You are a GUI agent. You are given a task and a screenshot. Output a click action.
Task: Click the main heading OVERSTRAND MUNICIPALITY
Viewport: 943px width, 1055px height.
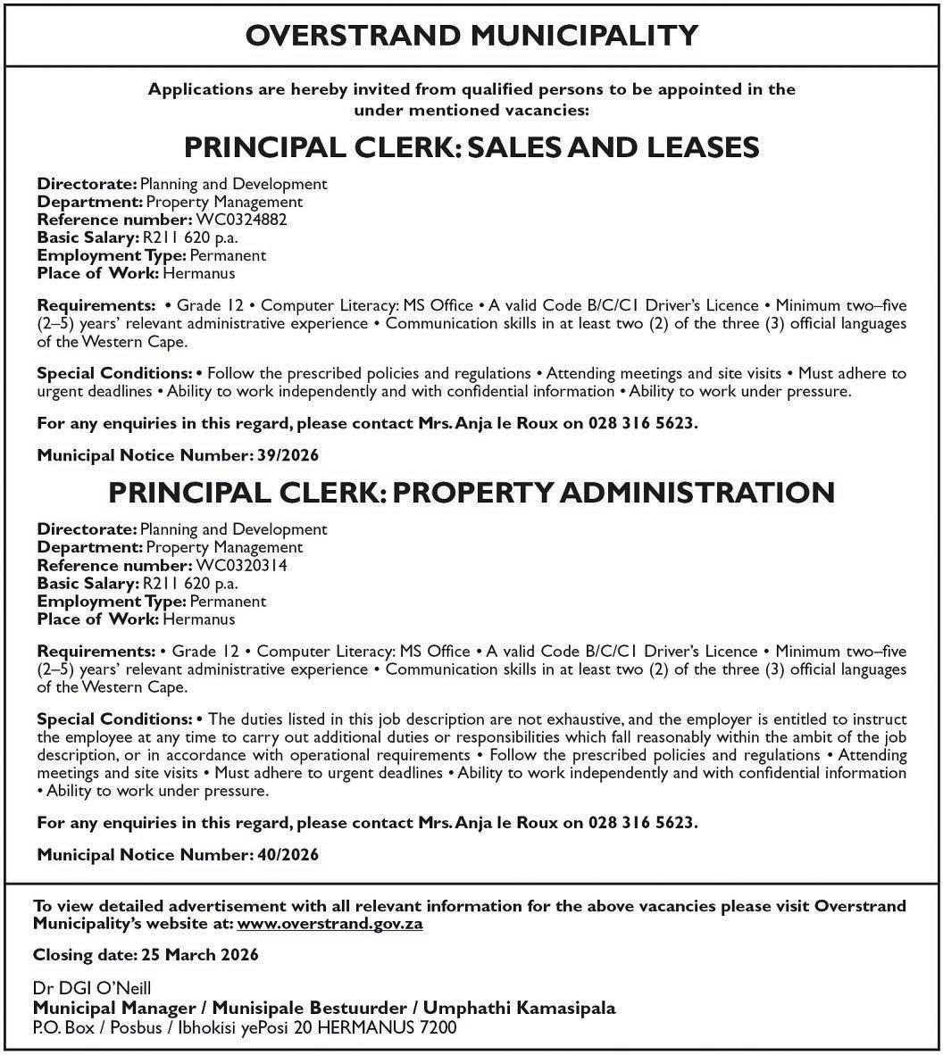(471, 35)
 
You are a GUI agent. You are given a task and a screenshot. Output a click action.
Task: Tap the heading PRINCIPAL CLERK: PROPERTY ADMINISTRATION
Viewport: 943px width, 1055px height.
(471, 492)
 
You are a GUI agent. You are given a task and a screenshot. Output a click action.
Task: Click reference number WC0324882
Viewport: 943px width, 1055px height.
(240, 220)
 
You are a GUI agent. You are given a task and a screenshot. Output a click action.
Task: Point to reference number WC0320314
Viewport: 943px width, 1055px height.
(238, 565)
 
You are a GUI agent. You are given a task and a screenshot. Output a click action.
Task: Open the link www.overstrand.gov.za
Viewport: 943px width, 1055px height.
(330, 924)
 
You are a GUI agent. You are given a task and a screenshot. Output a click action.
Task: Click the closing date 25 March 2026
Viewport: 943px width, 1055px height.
(200, 954)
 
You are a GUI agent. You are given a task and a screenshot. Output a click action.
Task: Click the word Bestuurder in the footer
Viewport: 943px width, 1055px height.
(355, 1009)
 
